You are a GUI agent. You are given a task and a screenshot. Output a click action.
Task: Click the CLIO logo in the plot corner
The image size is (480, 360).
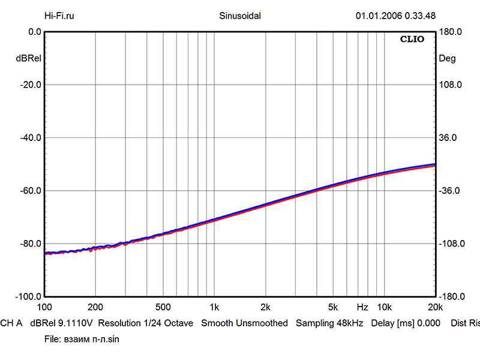tap(412, 40)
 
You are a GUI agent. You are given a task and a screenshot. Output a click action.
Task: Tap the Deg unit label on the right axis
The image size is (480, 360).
tap(448, 59)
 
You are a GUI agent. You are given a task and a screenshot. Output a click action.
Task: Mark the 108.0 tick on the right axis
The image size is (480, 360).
tap(451, 85)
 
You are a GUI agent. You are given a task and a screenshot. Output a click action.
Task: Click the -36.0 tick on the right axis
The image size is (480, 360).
tap(451, 191)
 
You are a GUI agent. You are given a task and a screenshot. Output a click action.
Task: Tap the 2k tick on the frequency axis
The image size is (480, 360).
tap(266, 307)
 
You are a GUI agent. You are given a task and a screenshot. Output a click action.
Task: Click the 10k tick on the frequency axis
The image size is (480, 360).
tap(384, 307)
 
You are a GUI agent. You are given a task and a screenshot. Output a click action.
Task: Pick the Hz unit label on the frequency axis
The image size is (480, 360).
tap(362, 307)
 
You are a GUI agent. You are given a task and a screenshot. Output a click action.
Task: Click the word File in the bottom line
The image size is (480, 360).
tap(52, 339)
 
